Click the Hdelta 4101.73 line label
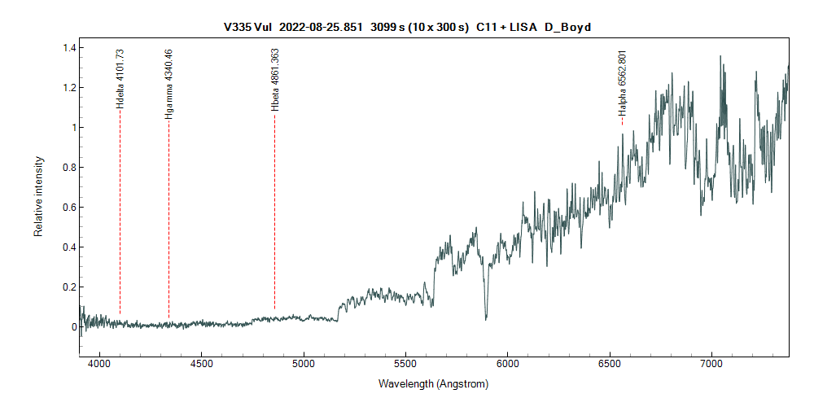coord(120,78)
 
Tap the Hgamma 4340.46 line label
coord(168,84)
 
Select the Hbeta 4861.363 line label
coord(275,79)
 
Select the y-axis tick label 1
coord(73,128)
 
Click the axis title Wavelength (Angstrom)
coord(433,383)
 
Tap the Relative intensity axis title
coord(38,197)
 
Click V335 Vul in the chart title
coord(247,27)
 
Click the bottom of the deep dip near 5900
coord(486,317)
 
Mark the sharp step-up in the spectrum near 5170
coord(339,312)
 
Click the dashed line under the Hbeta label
coord(274,212)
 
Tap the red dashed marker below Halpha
coord(622,122)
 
